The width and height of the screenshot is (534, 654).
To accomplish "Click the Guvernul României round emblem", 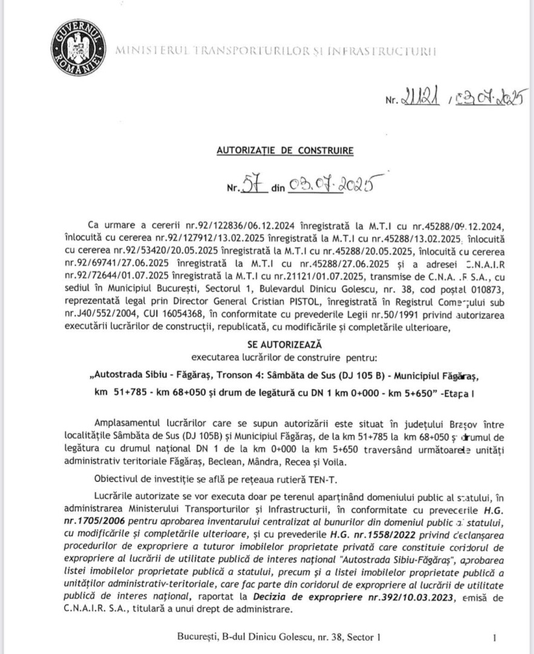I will pos(78,44).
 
